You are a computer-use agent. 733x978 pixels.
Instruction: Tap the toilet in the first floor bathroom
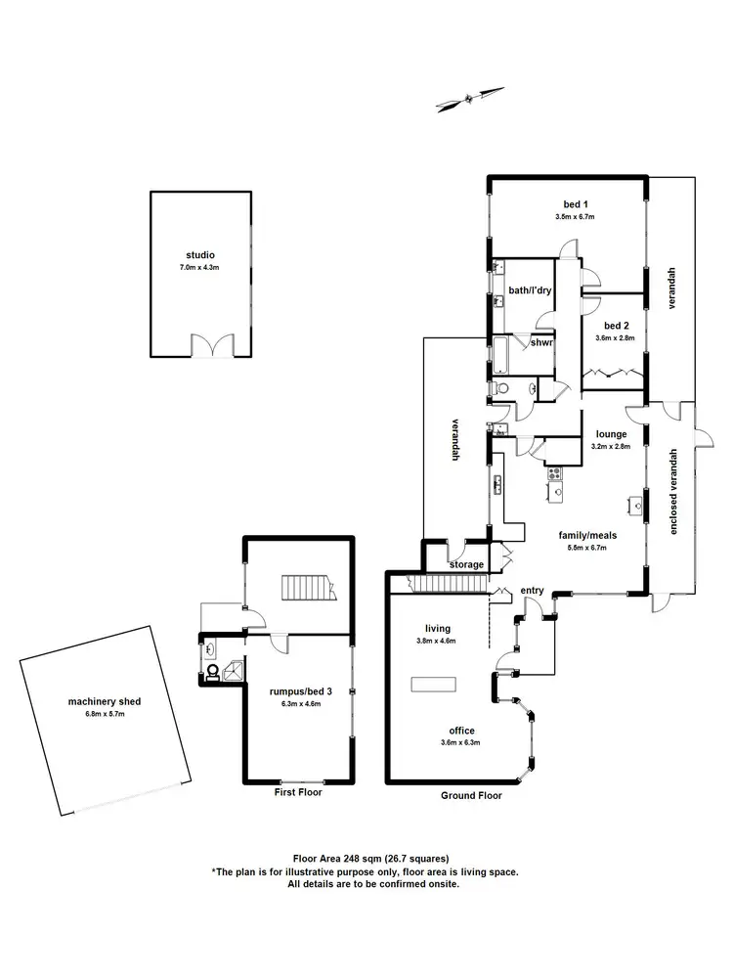[211, 672]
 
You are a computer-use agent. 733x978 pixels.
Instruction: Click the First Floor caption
[298, 792]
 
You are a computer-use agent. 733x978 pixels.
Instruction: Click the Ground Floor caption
[471, 795]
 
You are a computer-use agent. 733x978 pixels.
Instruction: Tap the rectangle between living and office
[434, 684]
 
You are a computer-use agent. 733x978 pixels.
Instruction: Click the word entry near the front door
[532, 590]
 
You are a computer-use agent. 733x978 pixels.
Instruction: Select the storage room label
[467, 564]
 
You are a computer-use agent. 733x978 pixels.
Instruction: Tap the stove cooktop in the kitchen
[555, 474]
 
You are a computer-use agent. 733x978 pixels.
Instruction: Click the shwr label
[541, 342]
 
